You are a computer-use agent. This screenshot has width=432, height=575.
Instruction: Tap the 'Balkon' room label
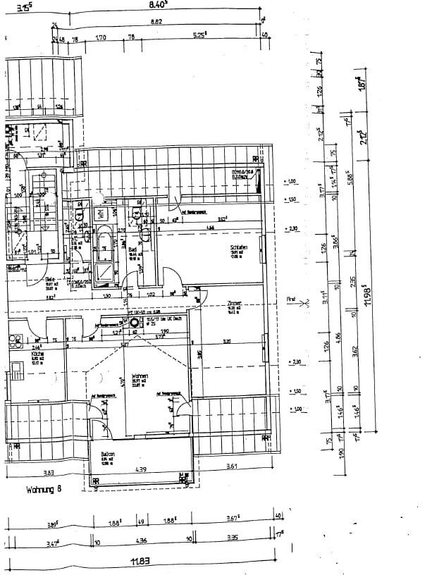tap(107, 455)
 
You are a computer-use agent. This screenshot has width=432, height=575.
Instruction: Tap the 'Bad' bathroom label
tap(132, 249)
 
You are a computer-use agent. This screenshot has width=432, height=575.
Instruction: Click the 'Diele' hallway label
tap(51, 280)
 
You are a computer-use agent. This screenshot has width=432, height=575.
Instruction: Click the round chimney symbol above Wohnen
tap(134, 322)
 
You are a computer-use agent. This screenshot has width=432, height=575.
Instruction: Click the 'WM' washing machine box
tap(100, 213)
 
